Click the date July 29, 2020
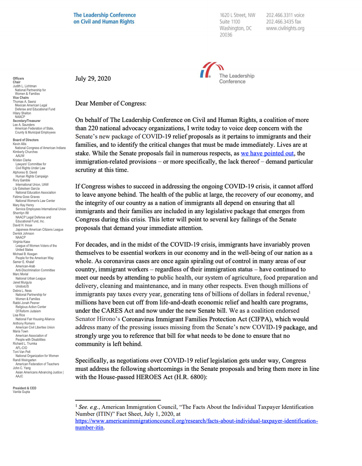coord(93,79)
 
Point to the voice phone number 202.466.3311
coord(285,15)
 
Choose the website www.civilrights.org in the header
coord(285,28)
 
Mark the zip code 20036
coord(226,35)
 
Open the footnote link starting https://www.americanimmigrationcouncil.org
coord(198,421)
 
